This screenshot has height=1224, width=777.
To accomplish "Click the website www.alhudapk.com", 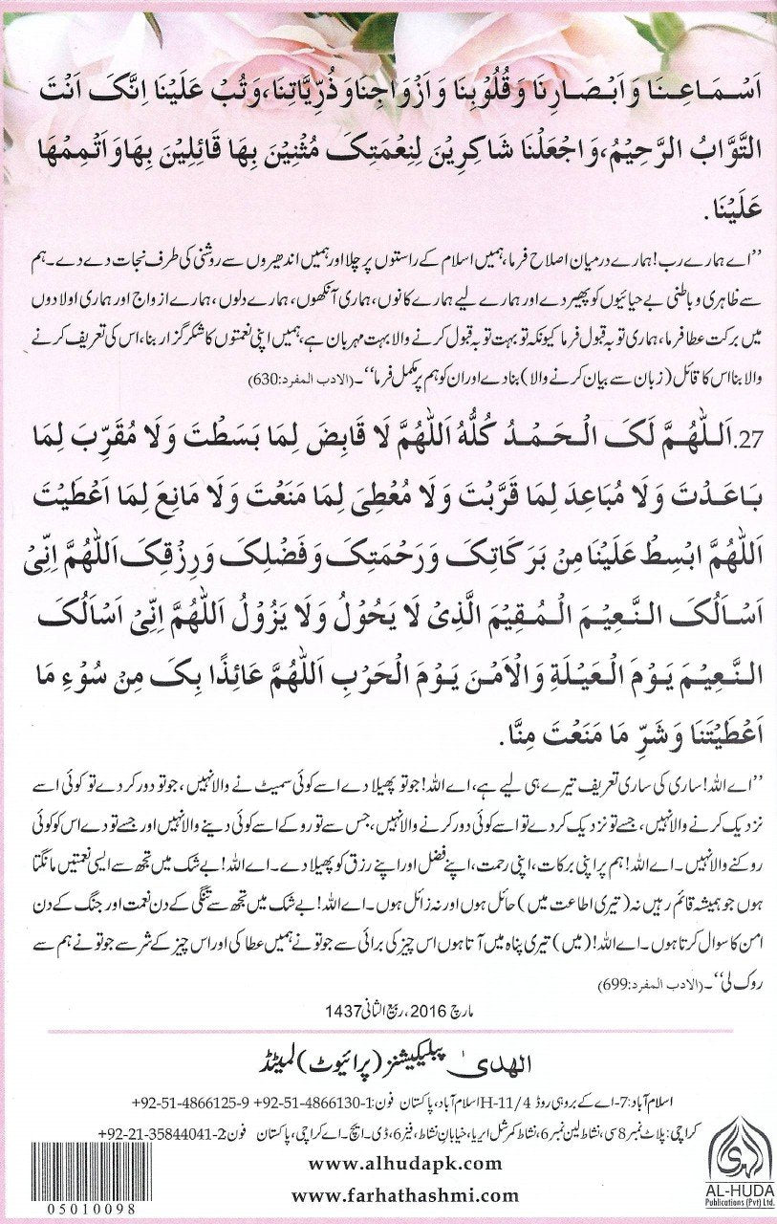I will (405, 1162).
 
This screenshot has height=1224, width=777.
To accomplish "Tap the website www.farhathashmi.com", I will (405, 1194).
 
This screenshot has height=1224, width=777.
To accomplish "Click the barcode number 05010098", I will (68, 1210).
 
